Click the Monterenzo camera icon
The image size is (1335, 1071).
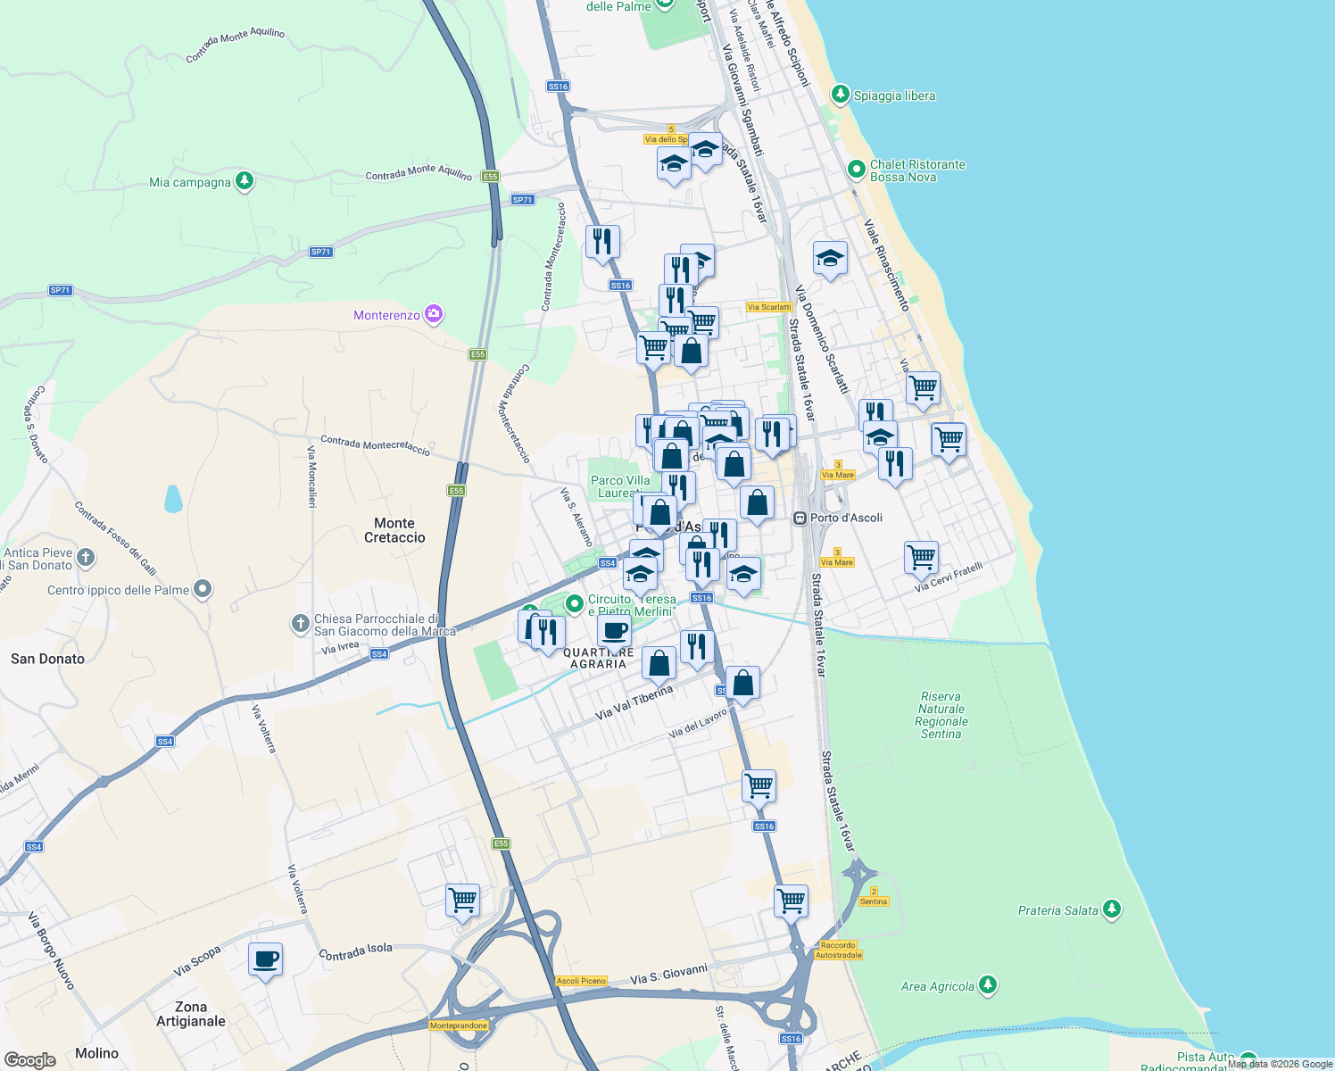(434, 313)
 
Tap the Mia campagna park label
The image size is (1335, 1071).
(190, 182)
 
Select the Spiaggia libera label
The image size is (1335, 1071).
(894, 95)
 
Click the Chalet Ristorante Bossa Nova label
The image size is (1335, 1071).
(916, 170)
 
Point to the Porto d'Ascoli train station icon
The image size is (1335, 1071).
(800, 518)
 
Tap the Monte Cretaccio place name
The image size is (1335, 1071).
(394, 530)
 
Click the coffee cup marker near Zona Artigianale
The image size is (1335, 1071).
(265, 959)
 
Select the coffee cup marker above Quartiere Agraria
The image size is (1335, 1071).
(614, 631)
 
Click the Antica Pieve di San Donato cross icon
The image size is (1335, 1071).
(86, 558)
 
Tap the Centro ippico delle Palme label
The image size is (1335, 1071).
(118, 590)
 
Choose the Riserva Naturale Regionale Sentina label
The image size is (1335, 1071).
(941, 715)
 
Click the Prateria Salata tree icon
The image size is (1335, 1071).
(1111, 909)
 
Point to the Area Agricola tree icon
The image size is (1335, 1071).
(987, 985)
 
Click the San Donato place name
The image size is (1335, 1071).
(47, 659)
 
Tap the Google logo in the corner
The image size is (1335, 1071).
(30, 1059)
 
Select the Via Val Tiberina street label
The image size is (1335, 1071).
(634, 703)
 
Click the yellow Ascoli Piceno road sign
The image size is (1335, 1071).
(581, 981)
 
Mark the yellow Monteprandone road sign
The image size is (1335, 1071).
(459, 1025)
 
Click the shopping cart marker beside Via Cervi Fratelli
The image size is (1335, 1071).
(921, 558)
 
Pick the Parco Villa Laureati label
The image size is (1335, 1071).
(620, 486)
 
